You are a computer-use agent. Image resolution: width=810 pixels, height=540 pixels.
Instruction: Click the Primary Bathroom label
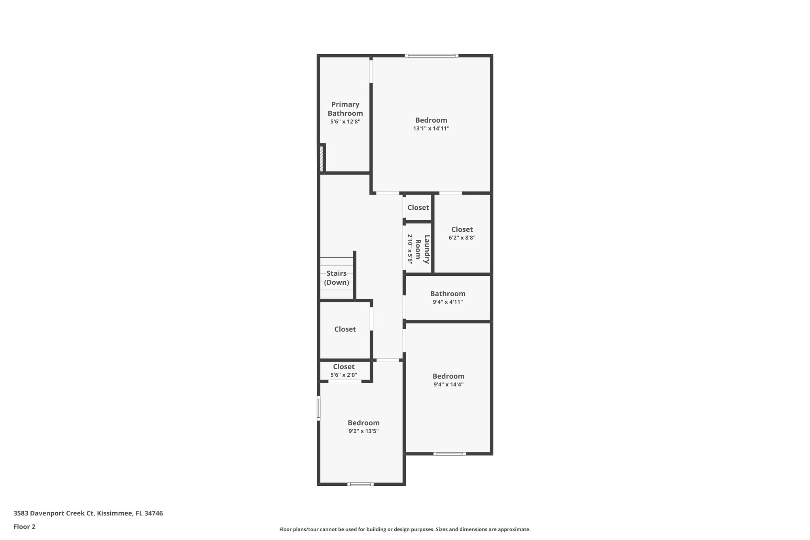(x=345, y=109)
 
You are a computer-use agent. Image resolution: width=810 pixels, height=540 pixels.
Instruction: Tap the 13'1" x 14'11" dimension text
(x=431, y=129)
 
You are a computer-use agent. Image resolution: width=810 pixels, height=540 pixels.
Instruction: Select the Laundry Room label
(x=422, y=249)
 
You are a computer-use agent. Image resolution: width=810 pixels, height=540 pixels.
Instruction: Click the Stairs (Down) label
(x=337, y=278)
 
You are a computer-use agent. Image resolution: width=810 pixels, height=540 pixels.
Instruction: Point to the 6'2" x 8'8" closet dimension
(x=462, y=238)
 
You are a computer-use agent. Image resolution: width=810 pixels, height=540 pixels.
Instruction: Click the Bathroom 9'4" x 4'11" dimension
(x=448, y=302)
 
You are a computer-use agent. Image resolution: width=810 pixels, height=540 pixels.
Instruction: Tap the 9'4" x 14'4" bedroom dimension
(x=448, y=384)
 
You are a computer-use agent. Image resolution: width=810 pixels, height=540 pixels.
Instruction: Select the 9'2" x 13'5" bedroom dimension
(x=363, y=431)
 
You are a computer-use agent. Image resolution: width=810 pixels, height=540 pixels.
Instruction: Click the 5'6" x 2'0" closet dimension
(x=344, y=375)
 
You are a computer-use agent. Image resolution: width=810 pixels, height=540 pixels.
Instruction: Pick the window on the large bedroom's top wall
(x=431, y=56)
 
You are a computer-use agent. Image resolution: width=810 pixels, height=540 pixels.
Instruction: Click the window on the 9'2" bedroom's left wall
(x=318, y=408)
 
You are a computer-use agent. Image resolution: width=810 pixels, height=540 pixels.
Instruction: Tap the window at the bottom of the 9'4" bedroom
(x=449, y=454)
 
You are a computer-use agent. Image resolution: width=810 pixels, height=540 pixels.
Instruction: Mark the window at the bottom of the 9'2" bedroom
(x=360, y=484)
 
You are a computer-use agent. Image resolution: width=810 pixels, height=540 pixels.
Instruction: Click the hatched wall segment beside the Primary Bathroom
(x=322, y=159)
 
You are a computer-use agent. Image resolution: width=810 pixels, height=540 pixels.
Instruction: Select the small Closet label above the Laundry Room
(x=418, y=208)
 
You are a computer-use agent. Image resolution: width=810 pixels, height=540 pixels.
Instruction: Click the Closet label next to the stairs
(x=345, y=329)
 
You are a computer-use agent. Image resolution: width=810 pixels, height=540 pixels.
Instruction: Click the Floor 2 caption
(x=25, y=527)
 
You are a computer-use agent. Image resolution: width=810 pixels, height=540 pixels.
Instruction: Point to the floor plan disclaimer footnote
(x=405, y=529)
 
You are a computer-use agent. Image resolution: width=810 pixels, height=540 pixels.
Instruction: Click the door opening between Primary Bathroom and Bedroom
(x=371, y=71)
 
